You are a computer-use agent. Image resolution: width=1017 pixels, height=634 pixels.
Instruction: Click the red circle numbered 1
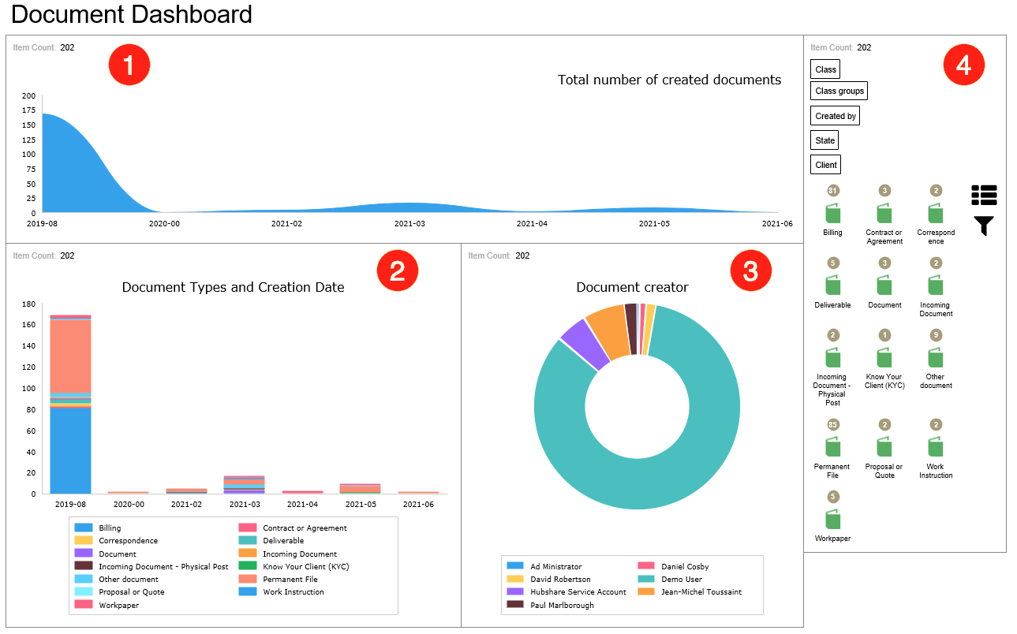pos(129,65)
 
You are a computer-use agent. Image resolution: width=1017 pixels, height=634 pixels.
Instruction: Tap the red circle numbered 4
pos(963,65)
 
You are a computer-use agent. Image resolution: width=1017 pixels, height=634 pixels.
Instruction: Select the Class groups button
pos(839,91)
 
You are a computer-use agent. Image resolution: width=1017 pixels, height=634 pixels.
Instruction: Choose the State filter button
pos(824,140)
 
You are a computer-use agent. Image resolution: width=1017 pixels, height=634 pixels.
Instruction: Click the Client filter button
pos(825,165)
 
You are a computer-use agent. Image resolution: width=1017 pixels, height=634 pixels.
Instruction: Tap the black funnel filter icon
pos(984,226)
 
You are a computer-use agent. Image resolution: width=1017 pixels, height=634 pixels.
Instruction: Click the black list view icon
pos(984,194)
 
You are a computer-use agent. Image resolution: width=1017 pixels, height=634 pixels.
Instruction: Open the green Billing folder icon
pos(832,214)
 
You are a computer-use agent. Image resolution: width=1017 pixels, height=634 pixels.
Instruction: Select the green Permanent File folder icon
pos(832,447)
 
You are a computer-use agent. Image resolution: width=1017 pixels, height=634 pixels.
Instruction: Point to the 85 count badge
pos(832,425)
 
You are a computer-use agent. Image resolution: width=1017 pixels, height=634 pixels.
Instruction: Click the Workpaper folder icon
pos(832,519)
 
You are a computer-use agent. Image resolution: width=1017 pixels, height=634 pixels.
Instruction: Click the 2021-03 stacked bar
pos(245,485)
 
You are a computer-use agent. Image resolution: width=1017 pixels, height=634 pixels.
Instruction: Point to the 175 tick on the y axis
pos(28,125)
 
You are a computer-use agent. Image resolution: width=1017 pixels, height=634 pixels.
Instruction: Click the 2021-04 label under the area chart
pos(532,223)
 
